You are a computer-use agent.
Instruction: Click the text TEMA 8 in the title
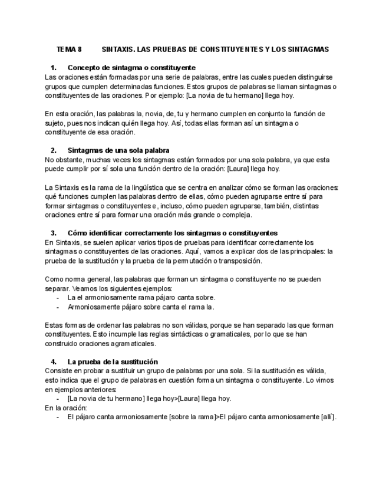click(70, 49)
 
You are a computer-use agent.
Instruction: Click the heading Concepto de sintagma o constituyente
click(131, 68)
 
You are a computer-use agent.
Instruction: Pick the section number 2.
click(54, 150)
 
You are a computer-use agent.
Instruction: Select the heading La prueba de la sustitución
click(113, 361)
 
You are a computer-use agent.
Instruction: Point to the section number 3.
click(54, 233)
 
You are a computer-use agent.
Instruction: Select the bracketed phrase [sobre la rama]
click(192, 417)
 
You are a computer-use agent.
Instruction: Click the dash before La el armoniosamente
click(57, 298)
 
